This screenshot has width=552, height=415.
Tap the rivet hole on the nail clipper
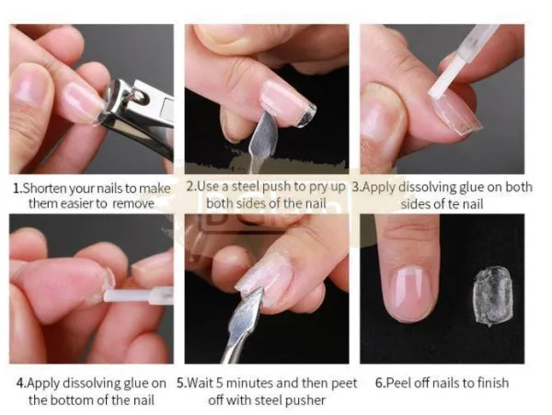coord(141,96)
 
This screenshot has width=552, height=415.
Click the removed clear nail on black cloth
coord(492,296)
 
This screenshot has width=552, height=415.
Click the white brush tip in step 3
coord(442,78)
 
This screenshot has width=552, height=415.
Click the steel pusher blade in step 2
coord(265,132)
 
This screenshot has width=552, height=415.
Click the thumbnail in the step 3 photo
coord(379,117)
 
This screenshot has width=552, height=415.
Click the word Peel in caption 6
coord(397,383)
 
